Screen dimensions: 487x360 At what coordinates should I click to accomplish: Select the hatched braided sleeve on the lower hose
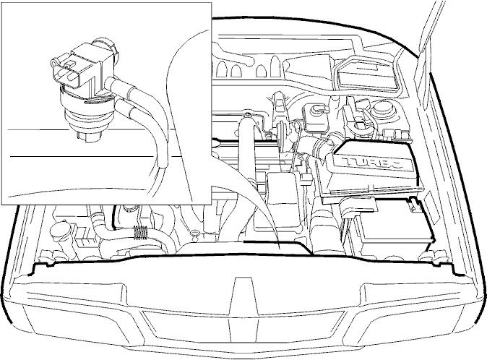coord(140,233)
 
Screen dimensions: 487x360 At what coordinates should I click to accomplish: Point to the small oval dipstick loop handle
coord(195,233)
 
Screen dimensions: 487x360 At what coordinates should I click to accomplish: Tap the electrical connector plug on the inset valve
coord(66,69)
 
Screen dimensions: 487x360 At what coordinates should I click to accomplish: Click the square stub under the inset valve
coord(88,136)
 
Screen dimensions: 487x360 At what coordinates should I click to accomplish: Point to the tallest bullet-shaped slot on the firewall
coord(275,67)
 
